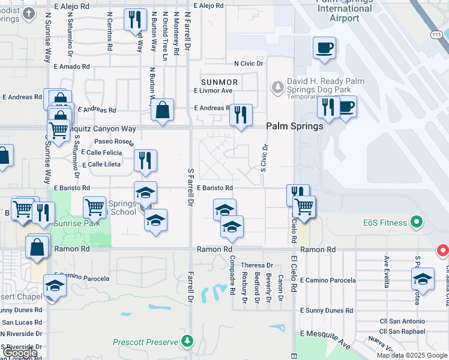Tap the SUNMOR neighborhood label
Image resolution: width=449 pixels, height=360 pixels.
coord(220,82)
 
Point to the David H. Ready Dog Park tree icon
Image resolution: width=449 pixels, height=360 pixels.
coord(277,88)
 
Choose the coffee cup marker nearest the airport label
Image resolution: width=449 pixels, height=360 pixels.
coord(324,49)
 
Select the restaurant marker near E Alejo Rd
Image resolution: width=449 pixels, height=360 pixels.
coord(135,20)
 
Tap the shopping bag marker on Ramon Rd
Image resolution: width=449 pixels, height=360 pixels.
coord(37,247)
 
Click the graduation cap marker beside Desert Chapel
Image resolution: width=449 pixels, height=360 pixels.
coord(55,286)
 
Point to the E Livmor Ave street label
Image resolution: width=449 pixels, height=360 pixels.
coord(212,91)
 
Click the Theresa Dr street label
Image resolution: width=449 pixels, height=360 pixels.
coord(257,265)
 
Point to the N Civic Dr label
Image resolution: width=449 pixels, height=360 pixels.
coord(244,63)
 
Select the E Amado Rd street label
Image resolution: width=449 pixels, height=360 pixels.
coord(71,67)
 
